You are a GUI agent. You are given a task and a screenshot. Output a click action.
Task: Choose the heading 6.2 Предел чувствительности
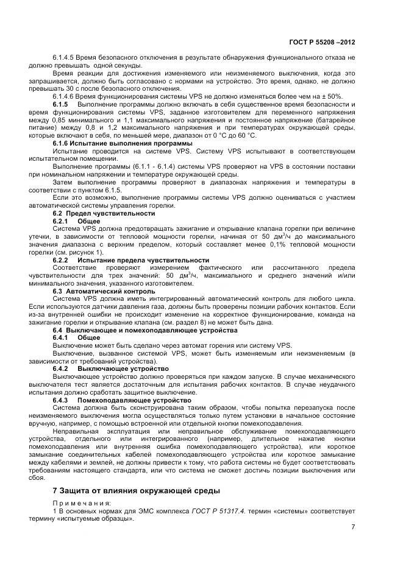pyautogui.click(x=104, y=213)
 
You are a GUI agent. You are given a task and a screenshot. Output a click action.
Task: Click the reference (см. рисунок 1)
pyautogui.click(x=82, y=252)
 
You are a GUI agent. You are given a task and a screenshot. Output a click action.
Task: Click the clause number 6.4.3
pyautogui.click(x=62, y=399)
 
